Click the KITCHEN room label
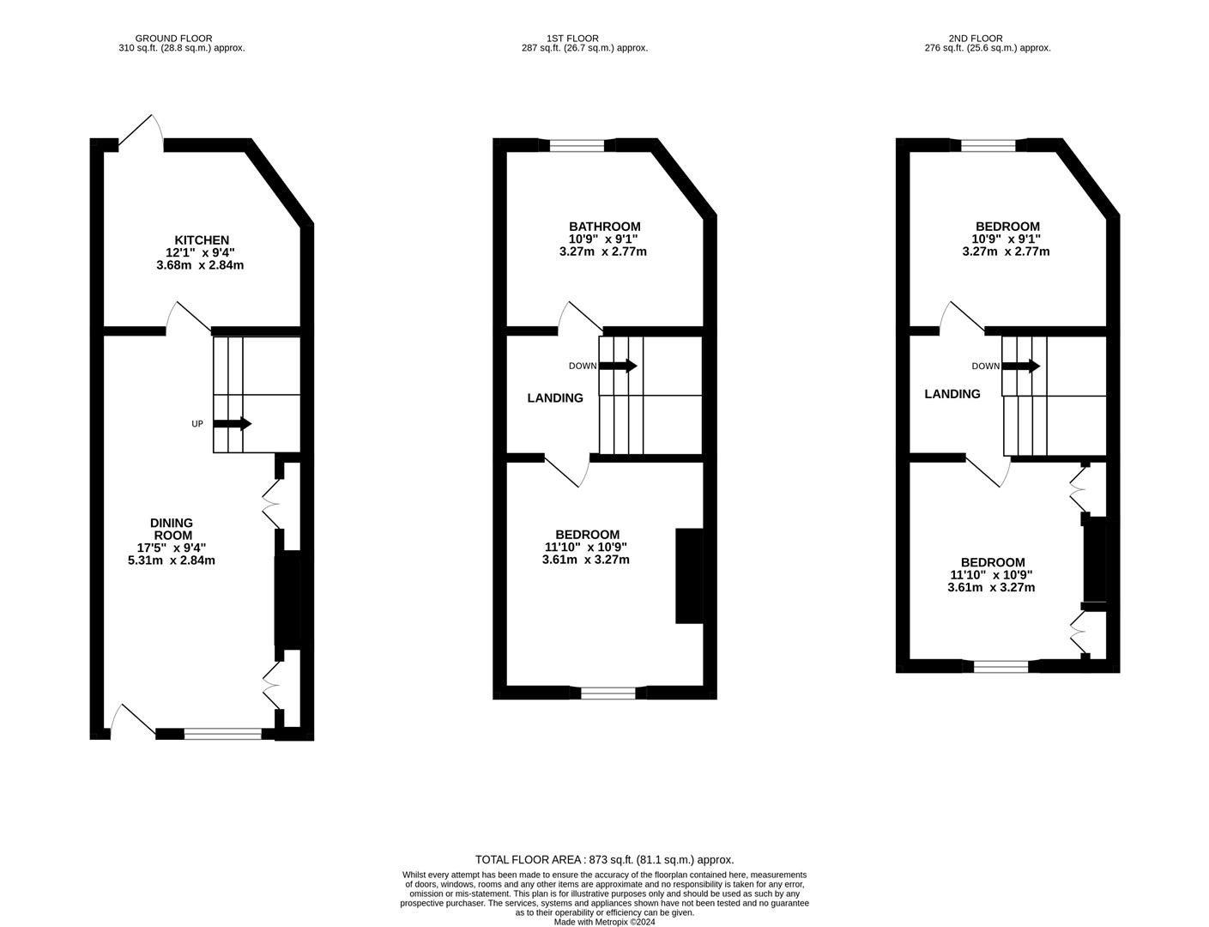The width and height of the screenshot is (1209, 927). pos(202,239)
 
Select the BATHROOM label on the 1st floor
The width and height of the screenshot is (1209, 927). pos(605,227)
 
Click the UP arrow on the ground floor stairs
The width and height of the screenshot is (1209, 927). pos(232,423)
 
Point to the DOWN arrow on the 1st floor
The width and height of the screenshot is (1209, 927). pos(618,366)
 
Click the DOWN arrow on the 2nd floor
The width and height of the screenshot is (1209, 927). pos(1021,366)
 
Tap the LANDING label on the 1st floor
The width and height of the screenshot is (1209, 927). pos(555,398)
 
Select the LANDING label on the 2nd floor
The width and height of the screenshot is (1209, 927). pos(952,394)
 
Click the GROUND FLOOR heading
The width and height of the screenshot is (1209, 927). pos(179,38)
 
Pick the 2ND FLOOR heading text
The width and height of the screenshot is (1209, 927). pos(976,38)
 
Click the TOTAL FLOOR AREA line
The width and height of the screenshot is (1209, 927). pos(605,859)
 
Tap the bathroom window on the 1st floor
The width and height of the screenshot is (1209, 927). pos(577,145)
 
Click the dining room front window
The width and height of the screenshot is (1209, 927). pos(223,733)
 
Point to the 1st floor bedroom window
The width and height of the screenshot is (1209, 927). pos(608,692)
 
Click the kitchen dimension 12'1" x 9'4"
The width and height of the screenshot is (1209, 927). pos(200,252)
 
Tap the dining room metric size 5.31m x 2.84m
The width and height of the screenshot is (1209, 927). pos(171,560)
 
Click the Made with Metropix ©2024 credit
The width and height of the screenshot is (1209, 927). pos(604,922)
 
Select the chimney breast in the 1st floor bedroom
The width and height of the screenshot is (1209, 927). pos(689,575)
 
